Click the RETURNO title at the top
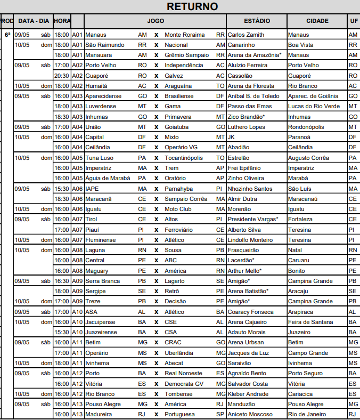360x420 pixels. [x=192, y=6]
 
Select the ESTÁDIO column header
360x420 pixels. [x=257, y=21]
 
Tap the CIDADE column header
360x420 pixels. [x=317, y=21]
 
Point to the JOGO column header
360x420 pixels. [x=156, y=21]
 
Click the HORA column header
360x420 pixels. [x=62, y=21]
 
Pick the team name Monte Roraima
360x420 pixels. [x=184, y=35]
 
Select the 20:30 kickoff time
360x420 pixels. [x=62, y=76]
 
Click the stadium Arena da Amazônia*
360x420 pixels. [x=255, y=55]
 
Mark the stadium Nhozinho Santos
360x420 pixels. [x=250, y=189]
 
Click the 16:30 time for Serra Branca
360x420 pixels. [x=62, y=281]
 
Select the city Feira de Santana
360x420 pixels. [x=310, y=322]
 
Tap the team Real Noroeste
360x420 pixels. [x=183, y=373]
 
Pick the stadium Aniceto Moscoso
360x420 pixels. [x=251, y=414]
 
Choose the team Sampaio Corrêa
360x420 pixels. [x=186, y=199]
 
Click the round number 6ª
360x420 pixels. [x=7, y=35]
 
